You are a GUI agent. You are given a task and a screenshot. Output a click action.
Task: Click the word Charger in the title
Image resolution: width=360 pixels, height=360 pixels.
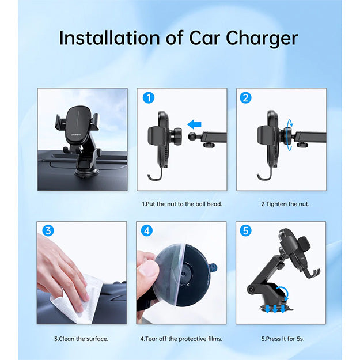point(262,39)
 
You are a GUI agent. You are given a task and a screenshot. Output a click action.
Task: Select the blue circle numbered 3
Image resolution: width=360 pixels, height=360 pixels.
point(48,231)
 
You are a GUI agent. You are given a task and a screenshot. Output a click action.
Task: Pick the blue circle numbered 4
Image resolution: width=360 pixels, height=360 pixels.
point(147,231)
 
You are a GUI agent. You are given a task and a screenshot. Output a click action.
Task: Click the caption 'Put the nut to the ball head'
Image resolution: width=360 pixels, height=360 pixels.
point(181,204)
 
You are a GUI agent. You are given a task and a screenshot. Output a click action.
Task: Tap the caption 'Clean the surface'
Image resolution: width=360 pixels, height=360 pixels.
point(81,338)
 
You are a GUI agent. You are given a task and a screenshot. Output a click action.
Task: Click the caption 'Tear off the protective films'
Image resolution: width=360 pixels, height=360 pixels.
point(181,338)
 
